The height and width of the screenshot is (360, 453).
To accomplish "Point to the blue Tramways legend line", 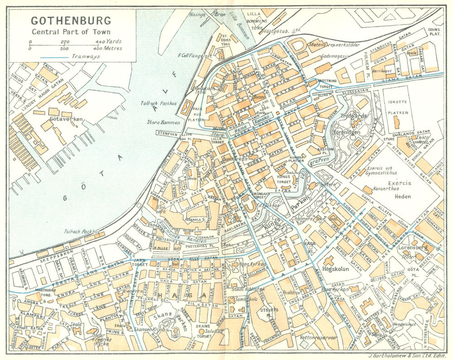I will [x=55, y=57].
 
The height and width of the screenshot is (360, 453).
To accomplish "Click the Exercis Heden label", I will [x=400, y=188].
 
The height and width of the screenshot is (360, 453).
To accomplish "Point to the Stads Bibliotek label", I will [x=247, y=288].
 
